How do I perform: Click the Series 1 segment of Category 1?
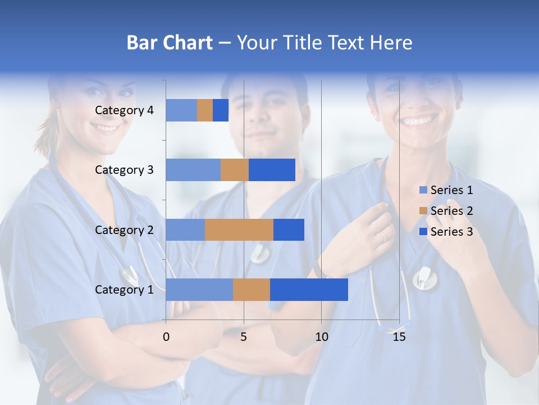199,290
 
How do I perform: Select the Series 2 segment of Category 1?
252,290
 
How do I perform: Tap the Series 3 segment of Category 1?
309,290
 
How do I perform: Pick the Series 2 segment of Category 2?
239,229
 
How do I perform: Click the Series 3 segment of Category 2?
289,229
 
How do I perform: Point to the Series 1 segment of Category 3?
193,170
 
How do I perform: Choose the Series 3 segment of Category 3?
272,170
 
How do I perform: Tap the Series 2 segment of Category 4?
205,110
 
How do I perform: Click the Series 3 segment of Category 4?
221,110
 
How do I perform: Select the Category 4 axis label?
124,110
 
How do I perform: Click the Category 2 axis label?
124,229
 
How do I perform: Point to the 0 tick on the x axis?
166,337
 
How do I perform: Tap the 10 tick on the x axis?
321,337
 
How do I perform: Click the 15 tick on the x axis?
399,337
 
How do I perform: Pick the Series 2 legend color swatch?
423,211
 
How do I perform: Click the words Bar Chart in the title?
170,42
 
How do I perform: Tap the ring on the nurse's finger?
383,236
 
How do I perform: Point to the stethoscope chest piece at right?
425,278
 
